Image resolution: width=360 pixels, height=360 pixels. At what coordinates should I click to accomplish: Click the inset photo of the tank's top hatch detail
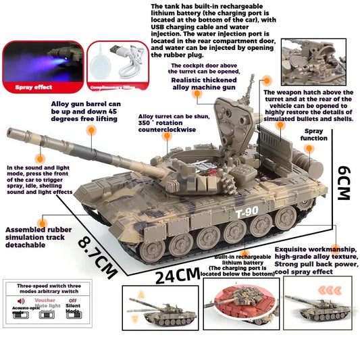(313, 61)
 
